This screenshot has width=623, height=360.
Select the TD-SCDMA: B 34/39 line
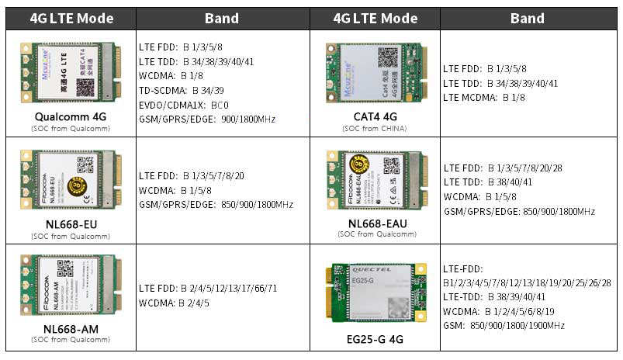click(x=182, y=90)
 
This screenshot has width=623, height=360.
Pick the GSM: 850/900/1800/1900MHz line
click(x=504, y=325)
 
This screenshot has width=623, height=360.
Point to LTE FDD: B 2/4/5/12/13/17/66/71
click(x=208, y=289)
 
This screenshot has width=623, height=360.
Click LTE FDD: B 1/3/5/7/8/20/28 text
click(x=503, y=168)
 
